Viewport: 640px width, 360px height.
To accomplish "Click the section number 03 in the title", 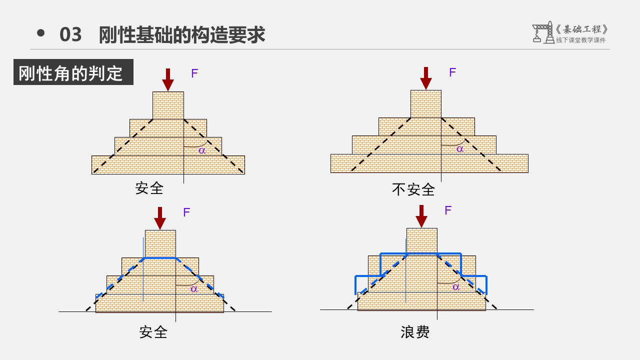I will click(70, 35).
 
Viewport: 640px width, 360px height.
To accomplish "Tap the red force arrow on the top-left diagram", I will click(168, 79).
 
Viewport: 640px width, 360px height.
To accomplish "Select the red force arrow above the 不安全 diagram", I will click(426, 78).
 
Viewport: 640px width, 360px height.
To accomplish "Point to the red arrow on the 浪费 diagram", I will click(421, 216).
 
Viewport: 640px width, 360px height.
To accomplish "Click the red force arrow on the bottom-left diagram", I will click(160, 218).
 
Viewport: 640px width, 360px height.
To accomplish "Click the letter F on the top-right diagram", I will click(452, 72).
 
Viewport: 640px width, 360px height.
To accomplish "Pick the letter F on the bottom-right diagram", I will click(448, 210).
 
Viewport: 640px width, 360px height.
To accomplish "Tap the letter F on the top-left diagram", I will click(194, 74).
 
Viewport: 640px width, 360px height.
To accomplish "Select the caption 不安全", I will click(413, 189).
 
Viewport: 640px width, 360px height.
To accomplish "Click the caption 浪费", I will click(415, 332).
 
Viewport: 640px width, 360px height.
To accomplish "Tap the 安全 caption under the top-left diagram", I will click(149, 188).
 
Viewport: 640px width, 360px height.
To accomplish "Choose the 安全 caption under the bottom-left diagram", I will click(153, 332).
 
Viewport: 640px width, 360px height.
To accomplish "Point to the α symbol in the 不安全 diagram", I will click(460, 149).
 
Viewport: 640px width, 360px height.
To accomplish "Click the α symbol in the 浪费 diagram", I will click(456, 287).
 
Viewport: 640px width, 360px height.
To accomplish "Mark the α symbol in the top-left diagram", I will click(202, 150).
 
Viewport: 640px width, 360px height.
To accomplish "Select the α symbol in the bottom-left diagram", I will click(194, 288).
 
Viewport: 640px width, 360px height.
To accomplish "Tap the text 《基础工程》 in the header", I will click(581, 29).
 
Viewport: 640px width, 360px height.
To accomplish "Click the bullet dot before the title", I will click(41, 33).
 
